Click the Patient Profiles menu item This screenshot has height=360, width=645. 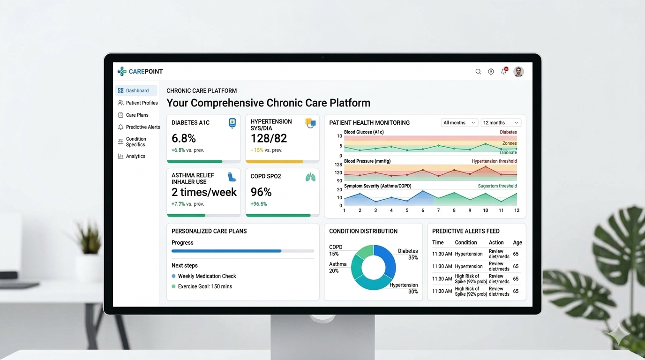tap(142, 103)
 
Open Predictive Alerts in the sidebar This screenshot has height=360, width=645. tap(142, 127)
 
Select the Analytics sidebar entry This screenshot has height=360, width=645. tap(135, 156)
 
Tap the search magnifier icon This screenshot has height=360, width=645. tap(478, 72)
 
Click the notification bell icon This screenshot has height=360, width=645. tap(504, 72)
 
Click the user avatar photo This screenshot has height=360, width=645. tap(518, 72)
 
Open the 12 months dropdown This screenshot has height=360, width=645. tap(501, 123)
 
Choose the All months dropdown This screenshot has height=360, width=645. tap(459, 123)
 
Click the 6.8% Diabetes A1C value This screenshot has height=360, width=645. tap(184, 138)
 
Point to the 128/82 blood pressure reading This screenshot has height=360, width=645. tap(269, 138)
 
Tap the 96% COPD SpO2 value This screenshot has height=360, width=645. tap(261, 192)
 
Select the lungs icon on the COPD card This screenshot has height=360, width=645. tap(310, 177)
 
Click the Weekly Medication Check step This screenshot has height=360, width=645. tap(207, 276)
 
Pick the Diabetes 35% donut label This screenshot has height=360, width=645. tap(408, 254)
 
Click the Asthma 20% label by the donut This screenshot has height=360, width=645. tap(337, 267)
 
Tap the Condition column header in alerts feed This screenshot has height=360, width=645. tap(466, 242)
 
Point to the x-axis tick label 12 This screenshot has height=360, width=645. tap(517, 210)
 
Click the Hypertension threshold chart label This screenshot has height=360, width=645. tap(494, 161)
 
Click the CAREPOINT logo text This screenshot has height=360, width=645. tap(145, 72)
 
